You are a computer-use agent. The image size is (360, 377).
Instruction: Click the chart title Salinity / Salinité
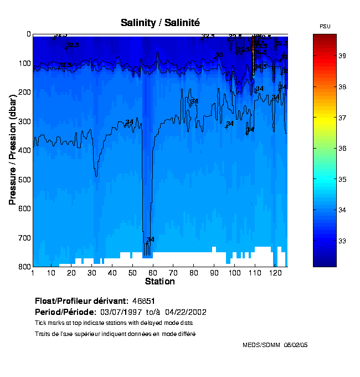[x=160, y=22]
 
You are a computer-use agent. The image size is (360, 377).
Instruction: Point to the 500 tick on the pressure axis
[x=25, y=180]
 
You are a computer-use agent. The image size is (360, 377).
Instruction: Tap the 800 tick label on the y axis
[x=25, y=267]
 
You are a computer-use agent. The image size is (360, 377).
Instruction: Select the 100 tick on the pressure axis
[x=25, y=63]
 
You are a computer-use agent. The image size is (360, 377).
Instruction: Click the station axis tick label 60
[x=153, y=273]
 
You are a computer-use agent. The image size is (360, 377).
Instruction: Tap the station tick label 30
[x=92, y=273]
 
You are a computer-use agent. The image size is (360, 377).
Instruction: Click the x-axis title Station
[x=160, y=282]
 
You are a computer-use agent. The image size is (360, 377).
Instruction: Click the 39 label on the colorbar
[x=342, y=56]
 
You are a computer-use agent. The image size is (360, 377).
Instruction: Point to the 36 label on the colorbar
[x=342, y=149]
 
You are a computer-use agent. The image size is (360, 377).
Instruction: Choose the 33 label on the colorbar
[x=342, y=241]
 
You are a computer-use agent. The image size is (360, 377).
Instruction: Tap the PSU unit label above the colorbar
[x=326, y=27]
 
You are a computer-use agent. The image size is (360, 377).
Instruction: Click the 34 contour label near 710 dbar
[x=150, y=240]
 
